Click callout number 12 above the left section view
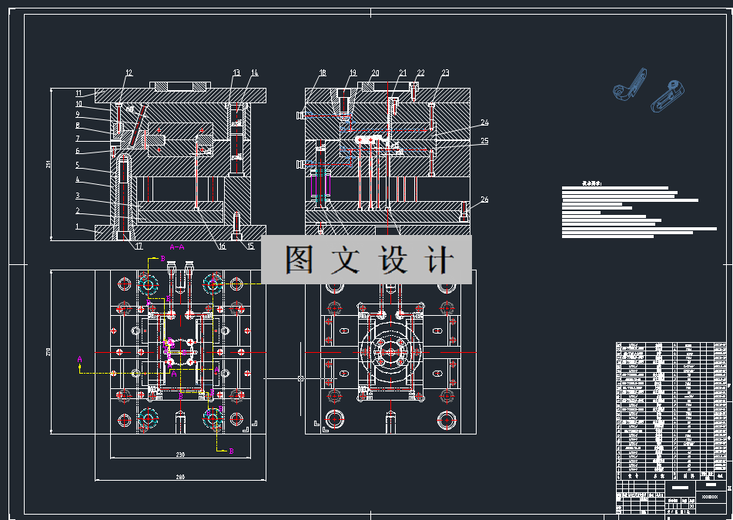point(129,73)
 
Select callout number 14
point(254,73)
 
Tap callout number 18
point(323,73)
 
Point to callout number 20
point(375,73)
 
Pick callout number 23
point(445,73)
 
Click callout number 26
point(484,200)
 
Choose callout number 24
point(484,122)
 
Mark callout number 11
point(79,93)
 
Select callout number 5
point(77,165)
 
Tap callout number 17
point(139,247)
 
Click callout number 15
point(250,247)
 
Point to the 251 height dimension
point(49,164)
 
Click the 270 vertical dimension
point(49,352)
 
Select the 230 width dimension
point(180,455)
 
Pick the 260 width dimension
point(180,477)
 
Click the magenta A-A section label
point(176,247)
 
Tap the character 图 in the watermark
point(299,260)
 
